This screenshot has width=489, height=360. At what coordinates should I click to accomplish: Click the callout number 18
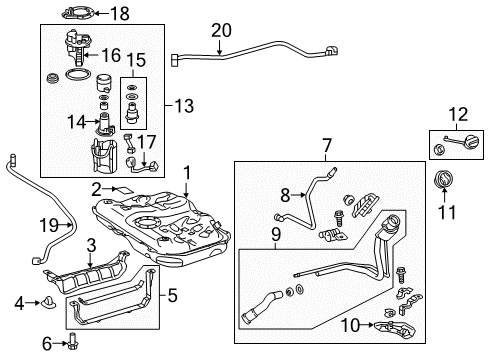[x=148, y=14]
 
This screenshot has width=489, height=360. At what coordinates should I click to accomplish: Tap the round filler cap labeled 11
[x=440, y=183]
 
